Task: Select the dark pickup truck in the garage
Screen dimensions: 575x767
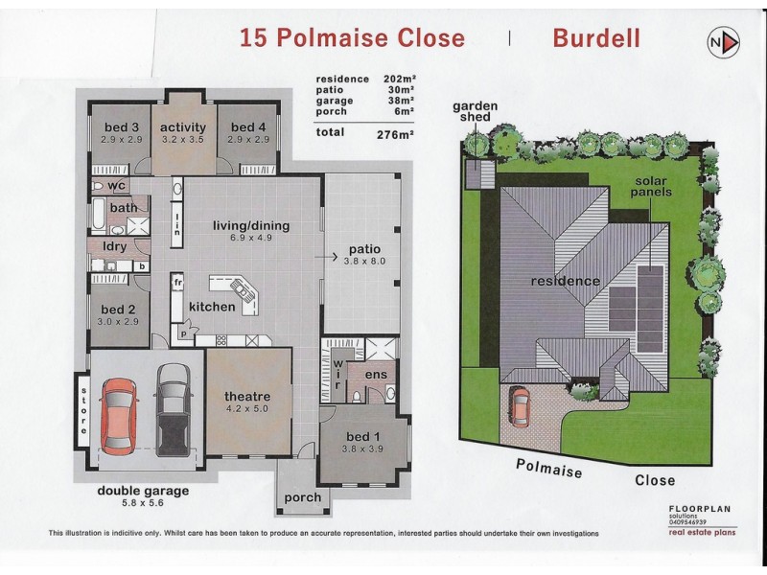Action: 174,407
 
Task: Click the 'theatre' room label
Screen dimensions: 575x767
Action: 246,396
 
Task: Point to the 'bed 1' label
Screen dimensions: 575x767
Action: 363,436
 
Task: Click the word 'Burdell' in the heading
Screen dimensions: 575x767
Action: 595,38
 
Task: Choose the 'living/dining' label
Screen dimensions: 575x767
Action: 250,226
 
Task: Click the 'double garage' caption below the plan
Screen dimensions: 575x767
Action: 143,492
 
